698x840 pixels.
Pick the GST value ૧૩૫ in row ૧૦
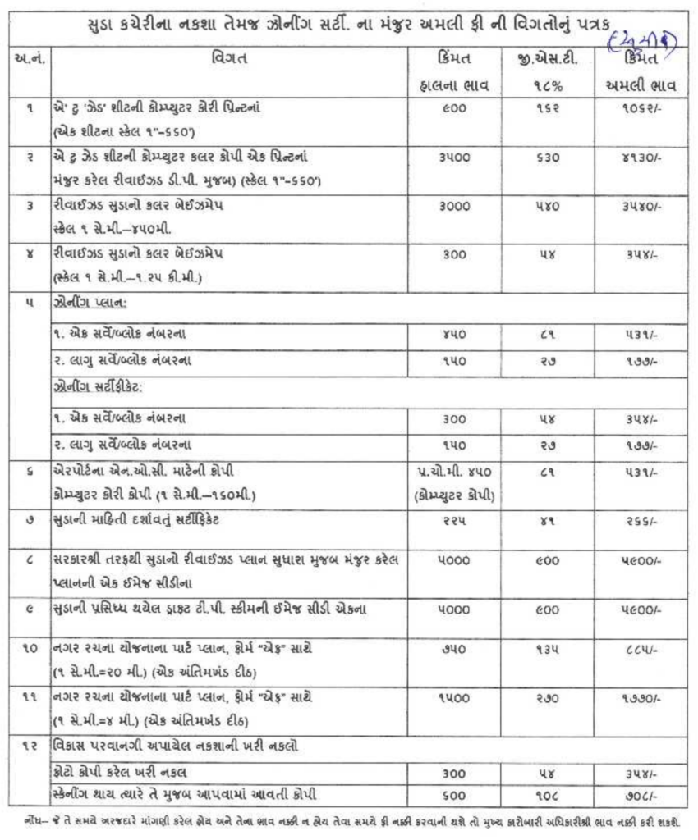541,648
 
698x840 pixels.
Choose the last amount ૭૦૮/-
637,793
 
